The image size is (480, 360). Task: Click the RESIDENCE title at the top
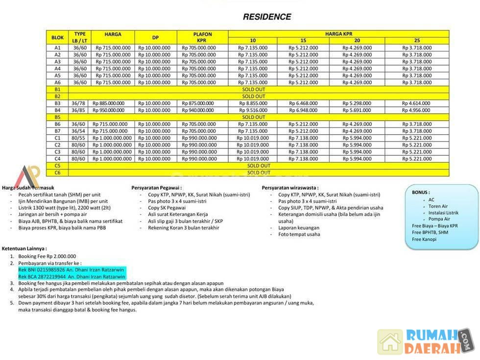(x=267, y=17)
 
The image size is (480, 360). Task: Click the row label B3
(x=57, y=103)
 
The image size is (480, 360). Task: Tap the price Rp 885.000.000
(x=110, y=103)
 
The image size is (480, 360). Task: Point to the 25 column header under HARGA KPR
(x=416, y=40)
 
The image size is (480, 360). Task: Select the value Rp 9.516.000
(x=253, y=110)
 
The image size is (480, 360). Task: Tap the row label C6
(x=57, y=172)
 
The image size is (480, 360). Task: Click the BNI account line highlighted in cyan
(x=71, y=270)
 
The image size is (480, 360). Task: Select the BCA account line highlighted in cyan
(x=72, y=277)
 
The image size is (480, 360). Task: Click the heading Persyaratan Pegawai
(x=157, y=188)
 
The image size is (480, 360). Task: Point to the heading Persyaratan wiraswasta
(x=290, y=188)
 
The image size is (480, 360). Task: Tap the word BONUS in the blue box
(x=421, y=192)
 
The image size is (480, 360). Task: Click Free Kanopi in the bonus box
(x=424, y=240)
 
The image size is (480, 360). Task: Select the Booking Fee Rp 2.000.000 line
(x=47, y=256)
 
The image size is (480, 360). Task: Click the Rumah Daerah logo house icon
(x=390, y=341)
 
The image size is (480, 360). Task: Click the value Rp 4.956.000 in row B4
(x=416, y=110)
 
